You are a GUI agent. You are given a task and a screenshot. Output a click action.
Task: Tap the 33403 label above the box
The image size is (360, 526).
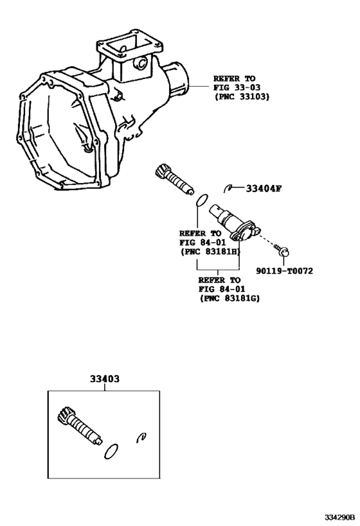pyautogui.click(x=105, y=380)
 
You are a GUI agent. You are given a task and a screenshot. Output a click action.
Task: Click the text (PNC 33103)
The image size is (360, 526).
pyautogui.click(x=242, y=97)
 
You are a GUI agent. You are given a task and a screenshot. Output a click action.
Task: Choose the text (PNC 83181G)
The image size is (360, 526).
pyautogui.click(x=230, y=298)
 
